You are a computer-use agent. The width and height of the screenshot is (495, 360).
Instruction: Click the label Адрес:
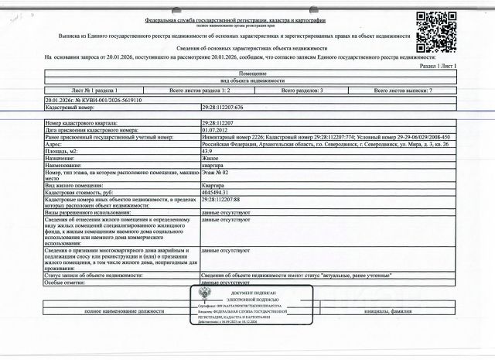(x=55, y=144)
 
